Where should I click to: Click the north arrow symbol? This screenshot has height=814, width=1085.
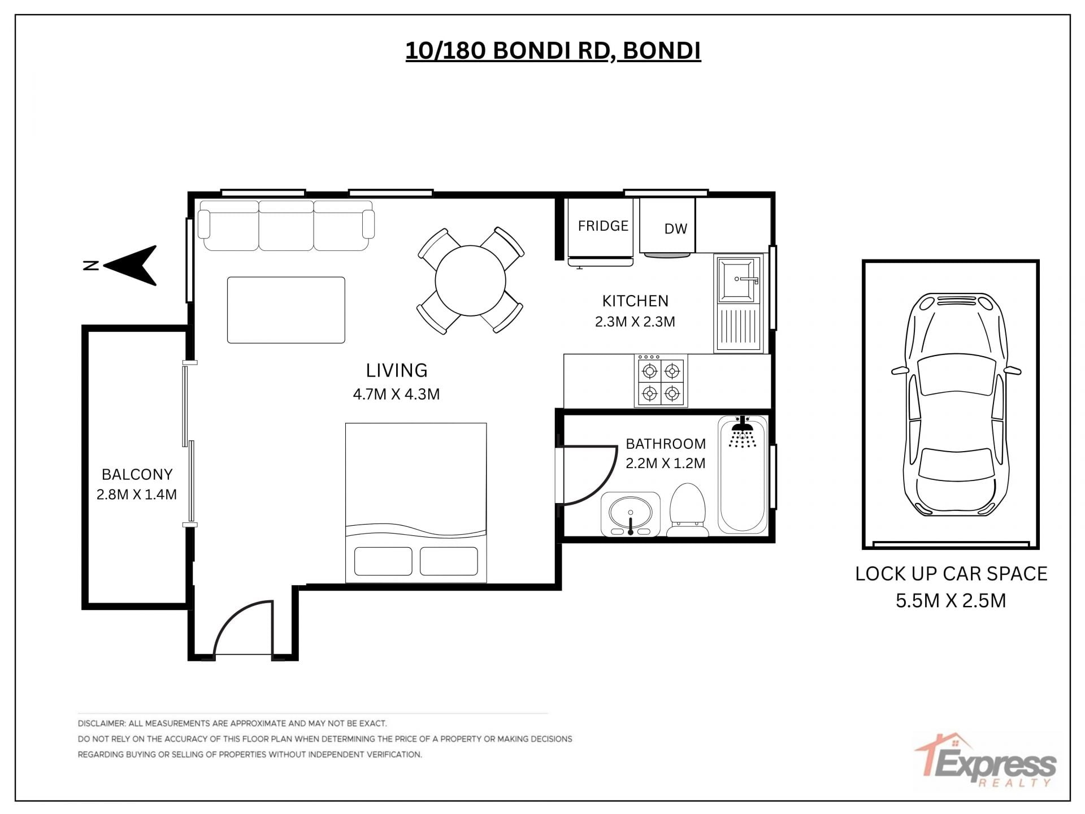point(131,266)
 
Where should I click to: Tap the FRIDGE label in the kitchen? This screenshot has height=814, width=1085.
point(603,226)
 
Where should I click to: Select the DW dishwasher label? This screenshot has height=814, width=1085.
point(675,229)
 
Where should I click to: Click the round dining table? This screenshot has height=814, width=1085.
point(470,280)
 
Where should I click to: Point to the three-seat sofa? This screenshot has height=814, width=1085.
point(286,226)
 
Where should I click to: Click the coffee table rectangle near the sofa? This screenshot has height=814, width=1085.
point(286,310)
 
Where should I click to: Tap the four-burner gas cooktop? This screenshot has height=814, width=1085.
point(661,380)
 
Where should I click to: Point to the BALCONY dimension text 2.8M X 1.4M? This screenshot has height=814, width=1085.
point(137,495)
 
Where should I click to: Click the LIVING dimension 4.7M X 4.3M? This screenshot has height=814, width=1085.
point(396,394)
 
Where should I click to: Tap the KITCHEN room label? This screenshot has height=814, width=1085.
point(635,301)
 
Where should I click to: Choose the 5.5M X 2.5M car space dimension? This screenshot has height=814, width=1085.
point(951,600)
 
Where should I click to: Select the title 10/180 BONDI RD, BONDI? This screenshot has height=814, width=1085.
point(553,51)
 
